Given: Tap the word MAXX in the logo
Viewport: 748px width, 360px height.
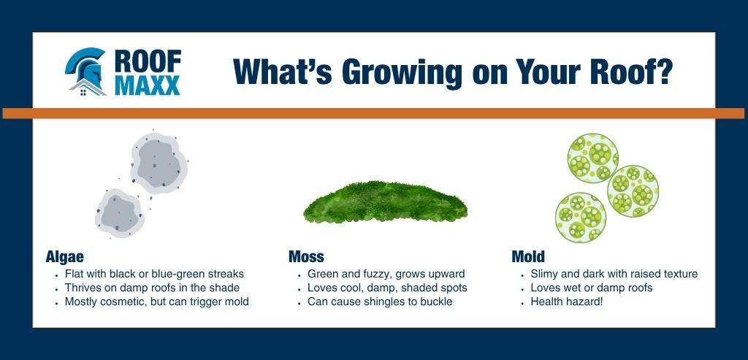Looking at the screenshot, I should coord(146,86).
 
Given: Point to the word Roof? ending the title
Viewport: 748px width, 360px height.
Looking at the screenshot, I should coord(633,72).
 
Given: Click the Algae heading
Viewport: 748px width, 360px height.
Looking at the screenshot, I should coord(64,257).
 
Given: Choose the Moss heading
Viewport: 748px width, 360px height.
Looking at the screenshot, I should coord(306,257).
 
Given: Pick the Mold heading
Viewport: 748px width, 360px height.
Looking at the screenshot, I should coord(528,257).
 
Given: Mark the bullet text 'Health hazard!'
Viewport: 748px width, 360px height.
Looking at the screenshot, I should coord(568,302).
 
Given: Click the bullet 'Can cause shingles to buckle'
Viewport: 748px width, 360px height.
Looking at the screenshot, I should coord(380,302).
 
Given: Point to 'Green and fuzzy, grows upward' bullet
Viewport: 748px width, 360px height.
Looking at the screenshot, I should coord(386,275).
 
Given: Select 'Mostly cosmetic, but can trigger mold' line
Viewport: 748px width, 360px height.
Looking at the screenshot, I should coord(156,302).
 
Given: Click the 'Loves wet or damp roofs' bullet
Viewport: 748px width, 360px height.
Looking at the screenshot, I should coord(591,288).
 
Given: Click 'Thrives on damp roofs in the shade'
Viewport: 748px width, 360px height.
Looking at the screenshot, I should coord(152,288).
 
